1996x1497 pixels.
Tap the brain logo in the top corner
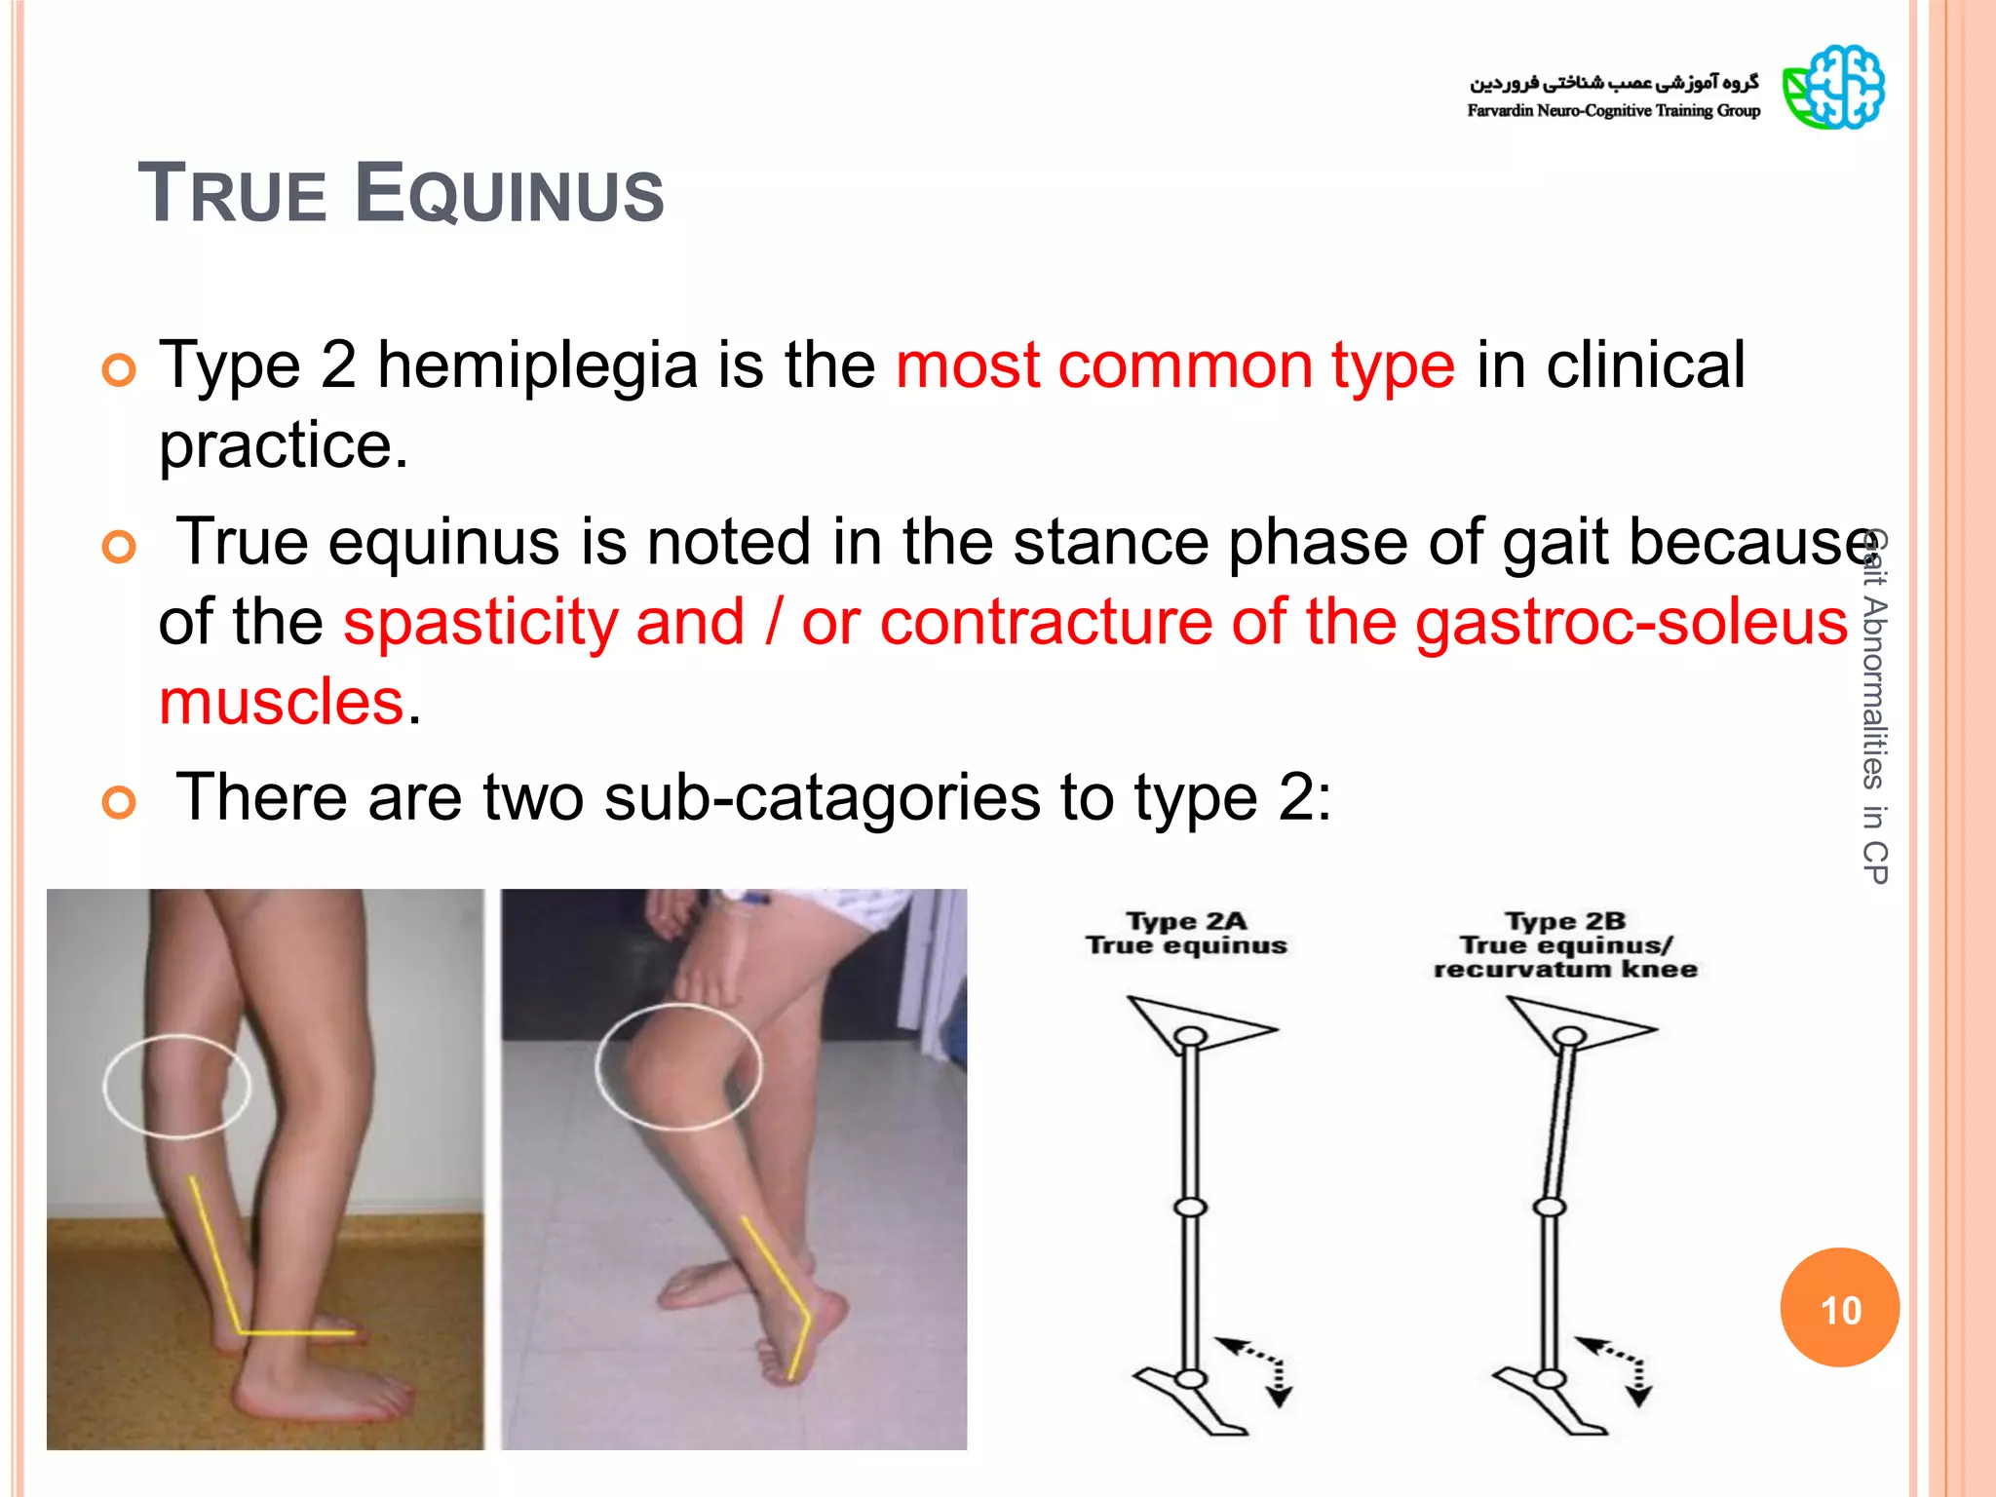tap(1833, 87)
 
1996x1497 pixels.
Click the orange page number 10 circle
tap(1839, 1308)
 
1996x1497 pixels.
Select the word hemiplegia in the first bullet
tap(537, 365)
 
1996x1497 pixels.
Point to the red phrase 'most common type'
tap(1174, 365)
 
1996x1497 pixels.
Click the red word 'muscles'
tap(281, 702)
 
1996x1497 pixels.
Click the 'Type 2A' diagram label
tap(1186, 921)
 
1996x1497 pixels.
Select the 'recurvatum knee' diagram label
tap(1565, 969)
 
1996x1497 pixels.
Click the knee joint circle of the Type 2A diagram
tap(1190, 1208)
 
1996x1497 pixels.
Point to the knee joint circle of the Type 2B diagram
tap(1550, 1208)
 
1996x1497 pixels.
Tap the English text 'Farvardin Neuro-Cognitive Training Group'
tap(1613, 111)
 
